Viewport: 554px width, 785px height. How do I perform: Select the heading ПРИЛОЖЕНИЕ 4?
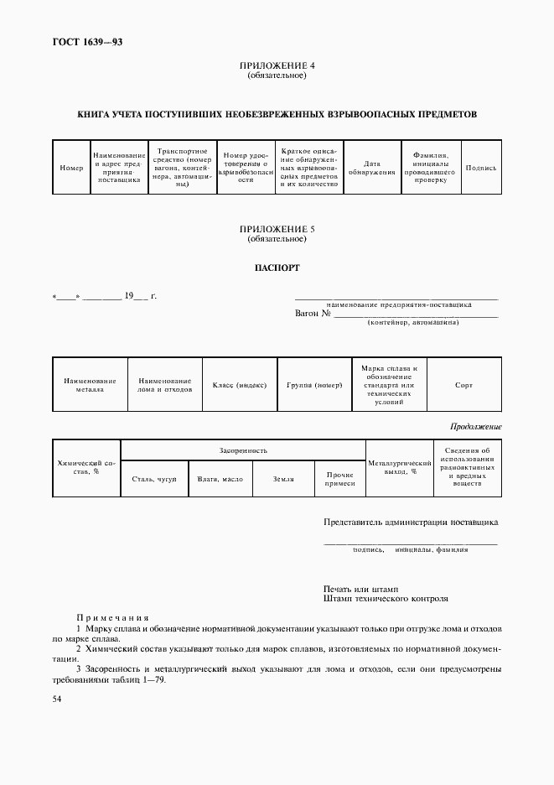(277, 65)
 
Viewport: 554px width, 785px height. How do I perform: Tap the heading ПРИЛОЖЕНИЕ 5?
(277, 229)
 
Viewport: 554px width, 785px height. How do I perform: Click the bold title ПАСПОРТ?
(277, 269)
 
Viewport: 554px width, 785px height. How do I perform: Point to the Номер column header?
(72, 168)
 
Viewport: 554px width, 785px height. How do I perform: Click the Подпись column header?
(480, 168)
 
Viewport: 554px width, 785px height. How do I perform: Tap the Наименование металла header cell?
(90, 385)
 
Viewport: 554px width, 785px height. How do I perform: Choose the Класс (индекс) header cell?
(240, 385)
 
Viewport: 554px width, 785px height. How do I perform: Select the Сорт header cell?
(463, 385)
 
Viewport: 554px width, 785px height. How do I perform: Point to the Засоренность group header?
(243, 450)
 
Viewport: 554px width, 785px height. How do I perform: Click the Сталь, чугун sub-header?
(154, 479)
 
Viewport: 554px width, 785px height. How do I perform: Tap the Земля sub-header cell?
(283, 479)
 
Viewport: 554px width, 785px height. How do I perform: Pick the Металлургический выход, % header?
(400, 467)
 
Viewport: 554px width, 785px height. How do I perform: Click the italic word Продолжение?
(475, 427)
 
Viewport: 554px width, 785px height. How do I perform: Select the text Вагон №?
(313, 314)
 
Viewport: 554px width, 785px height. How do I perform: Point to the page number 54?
(57, 698)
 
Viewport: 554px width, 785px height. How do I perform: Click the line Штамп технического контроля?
(386, 599)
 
